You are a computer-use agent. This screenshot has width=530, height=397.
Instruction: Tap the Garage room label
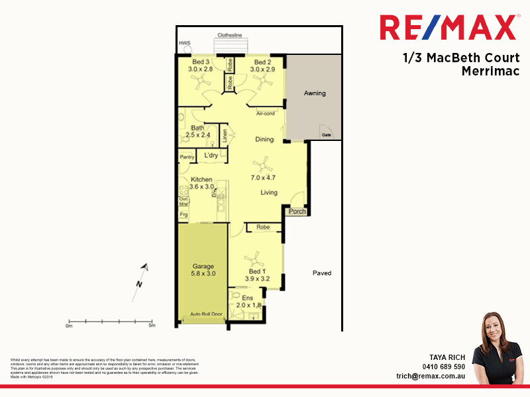pyautogui.click(x=203, y=266)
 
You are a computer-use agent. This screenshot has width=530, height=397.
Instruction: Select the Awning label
pyautogui.click(x=315, y=93)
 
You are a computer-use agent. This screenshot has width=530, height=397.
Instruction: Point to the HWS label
pyautogui.click(x=184, y=44)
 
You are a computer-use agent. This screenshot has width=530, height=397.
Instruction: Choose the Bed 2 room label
pyautogui.click(x=262, y=62)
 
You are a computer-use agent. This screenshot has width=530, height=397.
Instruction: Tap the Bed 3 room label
pyautogui.click(x=199, y=62)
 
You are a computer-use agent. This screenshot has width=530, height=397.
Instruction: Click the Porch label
pyautogui.click(x=297, y=212)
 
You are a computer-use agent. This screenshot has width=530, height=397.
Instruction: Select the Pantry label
pyautogui.click(x=187, y=157)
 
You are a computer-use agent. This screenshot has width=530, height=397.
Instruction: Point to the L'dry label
pyautogui.click(x=211, y=155)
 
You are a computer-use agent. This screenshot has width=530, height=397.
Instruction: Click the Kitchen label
pyautogui.click(x=201, y=179)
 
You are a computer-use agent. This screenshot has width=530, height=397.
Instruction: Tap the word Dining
pyautogui.click(x=265, y=140)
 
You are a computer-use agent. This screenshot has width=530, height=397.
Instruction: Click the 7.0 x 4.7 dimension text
pyautogui.click(x=262, y=178)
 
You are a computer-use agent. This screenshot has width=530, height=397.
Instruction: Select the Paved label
pyautogui.click(x=322, y=273)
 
